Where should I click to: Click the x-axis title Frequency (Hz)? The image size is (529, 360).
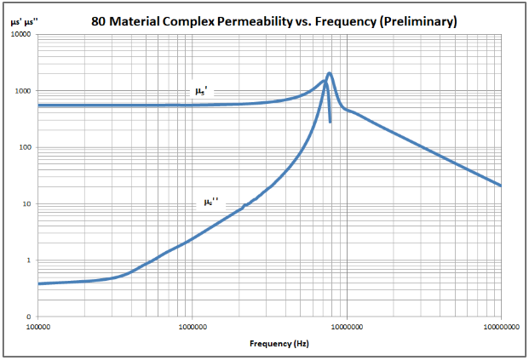pyautogui.click(x=279, y=344)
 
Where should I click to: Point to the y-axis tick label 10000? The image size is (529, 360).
pyautogui.click(x=20, y=35)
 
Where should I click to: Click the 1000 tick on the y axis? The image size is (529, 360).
pyautogui.click(x=23, y=91)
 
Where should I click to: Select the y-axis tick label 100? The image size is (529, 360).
pyautogui.click(x=25, y=147)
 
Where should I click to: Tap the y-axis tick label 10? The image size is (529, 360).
pyautogui.click(x=27, y=204)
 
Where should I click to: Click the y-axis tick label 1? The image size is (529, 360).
pyautogui.click(x=29, y=260)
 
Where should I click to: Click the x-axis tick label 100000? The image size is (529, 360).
pyautogui.click(x=38, y=325)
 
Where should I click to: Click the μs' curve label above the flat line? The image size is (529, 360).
pyautogui.click(x=200, y=90)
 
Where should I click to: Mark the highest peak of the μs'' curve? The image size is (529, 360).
pyautogui.click(x=330, y=73)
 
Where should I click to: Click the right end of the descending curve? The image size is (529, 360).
pyautogui.click(x=500, y=185)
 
